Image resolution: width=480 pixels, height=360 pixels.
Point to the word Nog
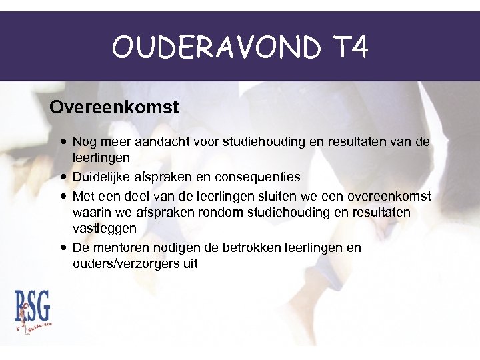pyautogui.click(x=84, y=142)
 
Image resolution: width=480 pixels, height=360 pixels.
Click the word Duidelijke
pyautogui.click(x=101, y=177)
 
